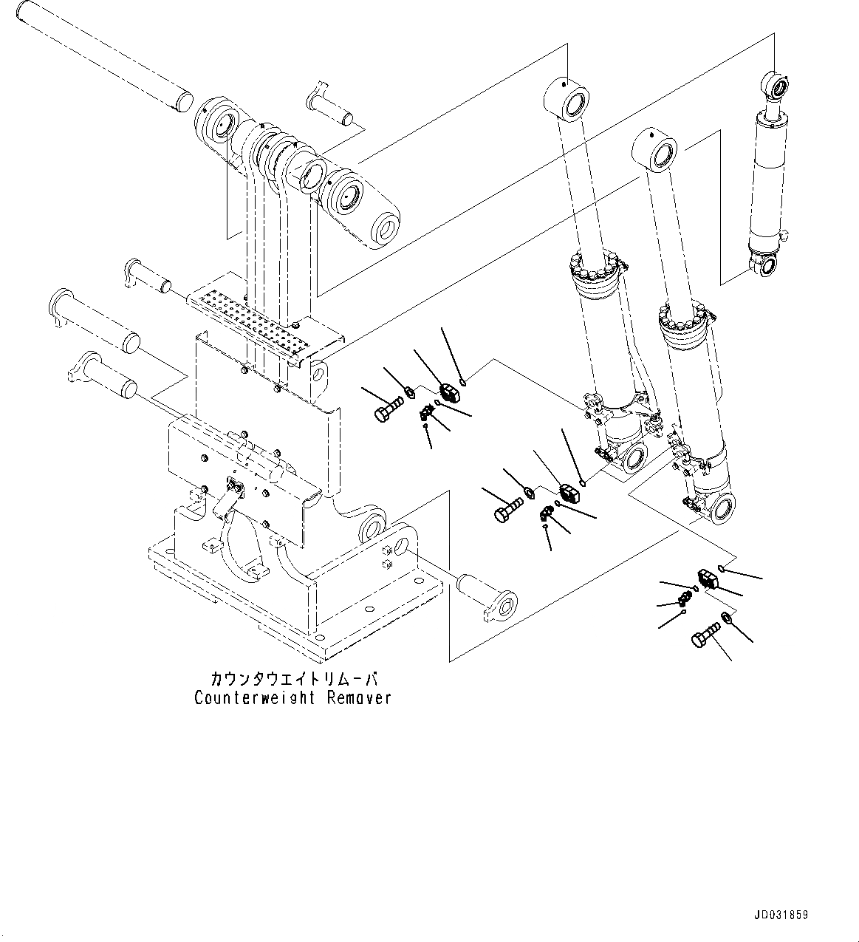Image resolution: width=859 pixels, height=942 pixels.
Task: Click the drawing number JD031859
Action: (781, 915)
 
